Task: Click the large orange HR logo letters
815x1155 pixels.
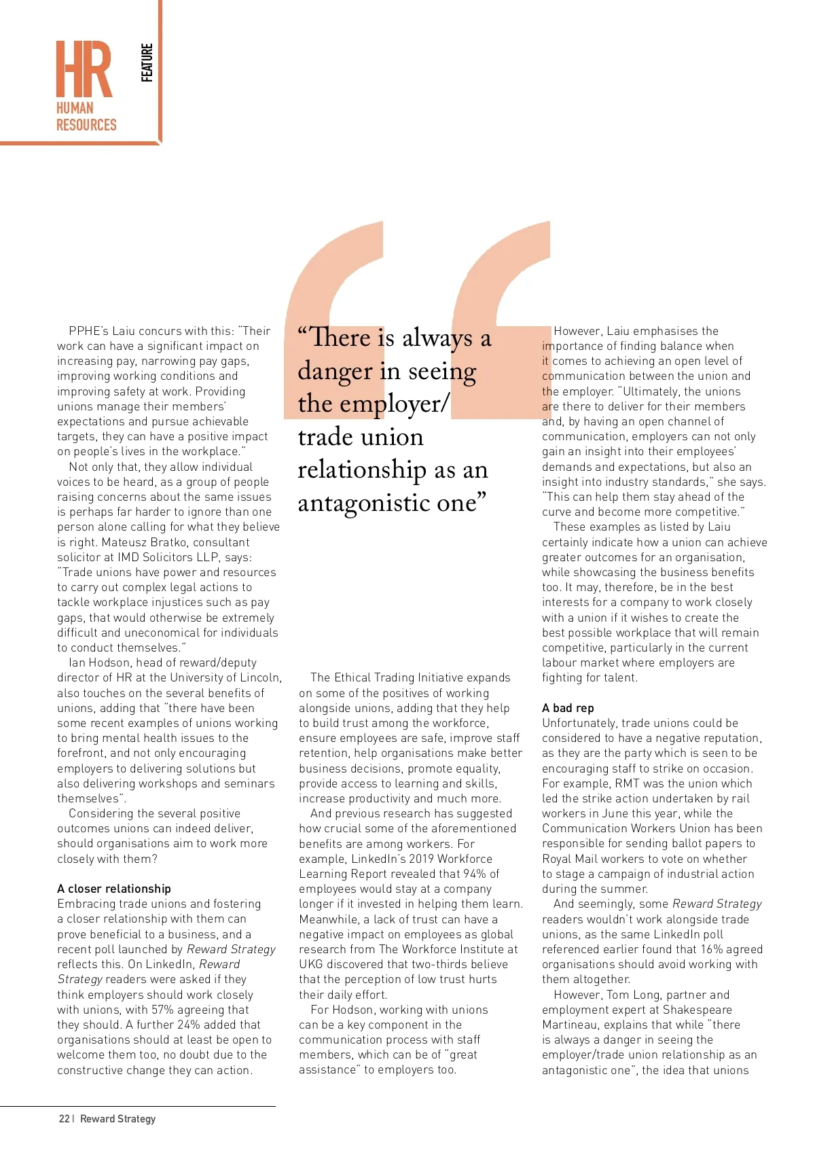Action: point(84,69)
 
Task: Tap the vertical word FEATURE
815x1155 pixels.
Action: point(147,63)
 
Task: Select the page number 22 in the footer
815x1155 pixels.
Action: point(64,1118)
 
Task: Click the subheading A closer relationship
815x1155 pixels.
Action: point(114,888)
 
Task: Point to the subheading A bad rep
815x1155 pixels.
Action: point(568,707)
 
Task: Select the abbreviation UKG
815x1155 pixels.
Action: point(310,964)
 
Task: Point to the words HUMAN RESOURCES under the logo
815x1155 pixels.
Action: point(86,117)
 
